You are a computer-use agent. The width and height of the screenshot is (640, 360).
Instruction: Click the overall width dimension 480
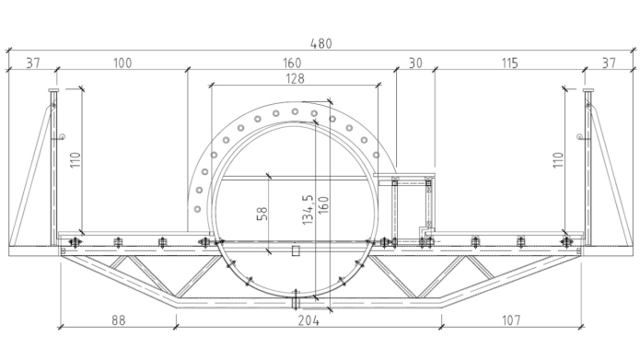321,43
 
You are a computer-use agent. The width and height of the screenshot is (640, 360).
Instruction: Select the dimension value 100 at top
122,64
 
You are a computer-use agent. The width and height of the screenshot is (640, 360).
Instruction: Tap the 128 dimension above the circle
295,78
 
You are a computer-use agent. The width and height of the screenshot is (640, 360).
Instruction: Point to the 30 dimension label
415,64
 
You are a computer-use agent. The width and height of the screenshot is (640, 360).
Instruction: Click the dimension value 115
510,64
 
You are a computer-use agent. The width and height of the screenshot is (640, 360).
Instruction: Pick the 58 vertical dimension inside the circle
262,214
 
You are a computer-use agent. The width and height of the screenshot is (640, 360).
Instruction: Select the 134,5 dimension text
308,209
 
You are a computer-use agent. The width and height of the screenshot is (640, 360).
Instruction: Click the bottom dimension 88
119,320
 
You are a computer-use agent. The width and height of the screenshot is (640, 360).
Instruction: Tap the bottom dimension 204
308,320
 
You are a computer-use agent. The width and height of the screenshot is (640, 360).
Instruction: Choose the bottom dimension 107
511,320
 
